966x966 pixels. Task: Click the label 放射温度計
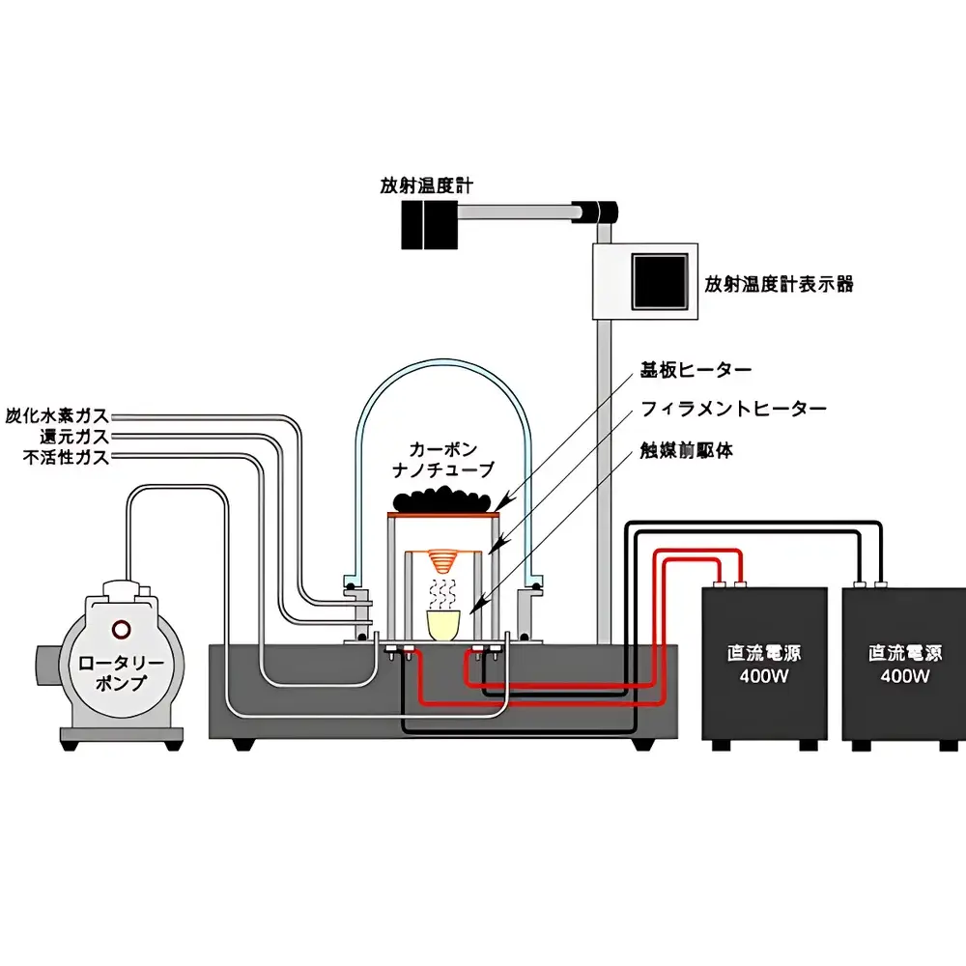tap(426, 185)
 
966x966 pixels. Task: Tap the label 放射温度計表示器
tap(779, 284)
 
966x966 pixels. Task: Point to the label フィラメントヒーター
tap(734, 410)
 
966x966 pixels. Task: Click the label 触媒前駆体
tap(686, 450)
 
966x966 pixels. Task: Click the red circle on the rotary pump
tap(121, 630)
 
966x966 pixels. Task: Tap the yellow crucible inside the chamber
tap(444, 626)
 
